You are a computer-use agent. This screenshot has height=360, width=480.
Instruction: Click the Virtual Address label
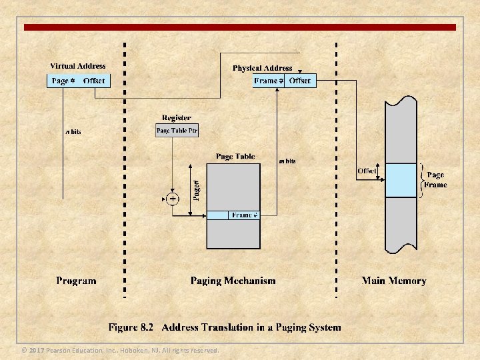pos(78,66)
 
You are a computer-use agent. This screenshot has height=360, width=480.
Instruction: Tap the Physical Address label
pos(262,68)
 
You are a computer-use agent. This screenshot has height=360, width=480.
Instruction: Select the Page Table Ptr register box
pos(177,131)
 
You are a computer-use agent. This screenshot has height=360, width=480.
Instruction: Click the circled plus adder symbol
pos(173,199)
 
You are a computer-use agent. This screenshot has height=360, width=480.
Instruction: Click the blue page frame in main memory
pos(401,180)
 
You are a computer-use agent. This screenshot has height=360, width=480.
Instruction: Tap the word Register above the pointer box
pos(176,118)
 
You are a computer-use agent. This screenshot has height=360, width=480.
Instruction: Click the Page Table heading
pos(235,157)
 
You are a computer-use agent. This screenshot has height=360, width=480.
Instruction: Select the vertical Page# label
pos(196,189)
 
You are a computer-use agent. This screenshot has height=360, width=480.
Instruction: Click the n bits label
pos(73,131)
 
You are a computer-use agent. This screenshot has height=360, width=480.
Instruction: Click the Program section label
pos(76,281)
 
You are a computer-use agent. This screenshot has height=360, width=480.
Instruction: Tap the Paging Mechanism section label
pos(233,281)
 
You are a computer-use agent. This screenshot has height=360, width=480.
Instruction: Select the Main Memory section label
pos(393,281)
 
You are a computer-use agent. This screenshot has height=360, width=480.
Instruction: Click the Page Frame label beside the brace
pos(436,180)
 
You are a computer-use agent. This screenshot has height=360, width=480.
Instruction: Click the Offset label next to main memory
pos(367,171)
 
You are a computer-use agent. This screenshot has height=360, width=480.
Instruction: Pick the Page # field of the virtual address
pos(63,81)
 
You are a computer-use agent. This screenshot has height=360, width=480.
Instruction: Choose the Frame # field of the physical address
pos(269,81)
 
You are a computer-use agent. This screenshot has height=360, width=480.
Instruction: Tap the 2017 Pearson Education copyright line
pos(120,350)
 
